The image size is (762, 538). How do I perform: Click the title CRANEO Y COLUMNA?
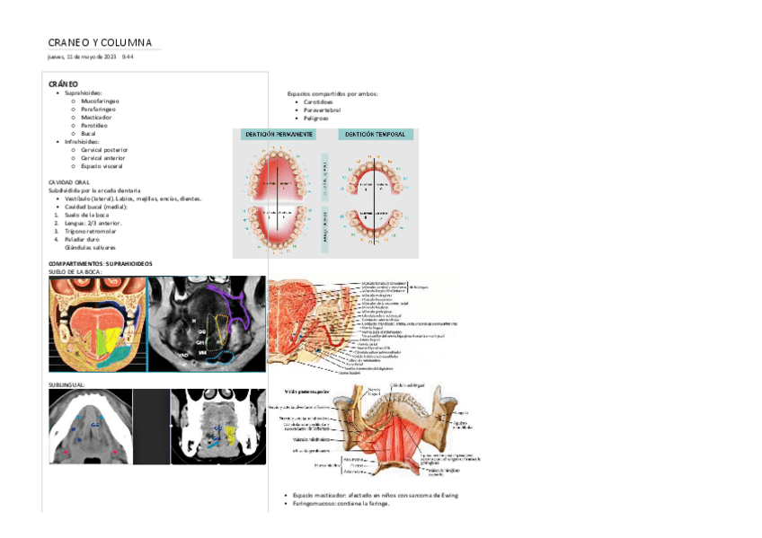pos(100,42)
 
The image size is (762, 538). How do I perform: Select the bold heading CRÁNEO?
pos(63,84)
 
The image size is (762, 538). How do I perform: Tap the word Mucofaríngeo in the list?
pos(100,101)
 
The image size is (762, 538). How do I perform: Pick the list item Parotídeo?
pos(95,125)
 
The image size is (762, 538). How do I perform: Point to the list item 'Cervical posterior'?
pos(104,149)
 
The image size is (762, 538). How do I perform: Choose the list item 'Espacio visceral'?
pos(102,165)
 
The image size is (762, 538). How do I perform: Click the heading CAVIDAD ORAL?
pos(68,181)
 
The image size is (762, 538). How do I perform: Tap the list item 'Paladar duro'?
pos(84,239)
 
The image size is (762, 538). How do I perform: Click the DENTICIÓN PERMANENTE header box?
pos(279,134)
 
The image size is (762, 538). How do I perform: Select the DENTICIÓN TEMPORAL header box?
pos(376,134)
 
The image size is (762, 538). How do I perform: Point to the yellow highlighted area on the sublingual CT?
pos(230,436)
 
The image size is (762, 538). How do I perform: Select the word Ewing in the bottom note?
pos(449,495)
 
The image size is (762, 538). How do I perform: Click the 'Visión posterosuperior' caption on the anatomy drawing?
pos(307,392)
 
